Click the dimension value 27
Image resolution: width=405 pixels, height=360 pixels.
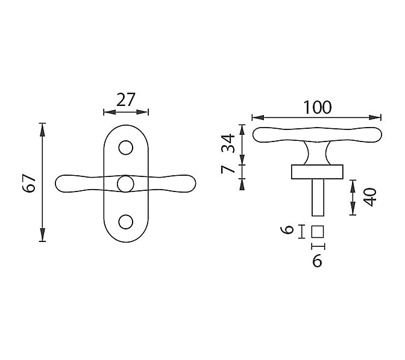[126, 99]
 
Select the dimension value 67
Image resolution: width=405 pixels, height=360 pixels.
[29, 183]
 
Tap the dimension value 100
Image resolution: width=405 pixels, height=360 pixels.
[317, 107]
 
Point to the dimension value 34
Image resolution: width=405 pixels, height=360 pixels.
[228, 143]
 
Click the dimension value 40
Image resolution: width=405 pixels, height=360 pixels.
[369, 197]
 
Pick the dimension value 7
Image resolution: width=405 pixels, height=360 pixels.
[228, 170]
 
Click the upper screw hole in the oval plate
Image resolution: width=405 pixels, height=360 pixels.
[126, 147]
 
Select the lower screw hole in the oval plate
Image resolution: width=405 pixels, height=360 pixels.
[126, 222]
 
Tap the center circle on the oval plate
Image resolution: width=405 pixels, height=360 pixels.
[125, 184]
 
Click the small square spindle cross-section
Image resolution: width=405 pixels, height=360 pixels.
[318, 232]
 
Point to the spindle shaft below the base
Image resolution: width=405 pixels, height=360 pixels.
[318, 197]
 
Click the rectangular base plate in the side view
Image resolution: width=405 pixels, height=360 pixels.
[317, 172]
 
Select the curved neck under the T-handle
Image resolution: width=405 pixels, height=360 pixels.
[318, 154]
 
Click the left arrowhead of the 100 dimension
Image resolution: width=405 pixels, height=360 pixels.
[258, 117]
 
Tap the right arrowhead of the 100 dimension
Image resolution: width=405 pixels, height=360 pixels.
[375, 117]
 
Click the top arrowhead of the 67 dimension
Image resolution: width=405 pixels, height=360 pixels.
[43, 130]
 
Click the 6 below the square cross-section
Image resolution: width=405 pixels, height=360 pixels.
[317, 261]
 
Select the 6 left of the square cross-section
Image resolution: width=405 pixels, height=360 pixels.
[287, 229]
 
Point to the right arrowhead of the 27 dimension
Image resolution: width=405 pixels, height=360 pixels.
[142, 112]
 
